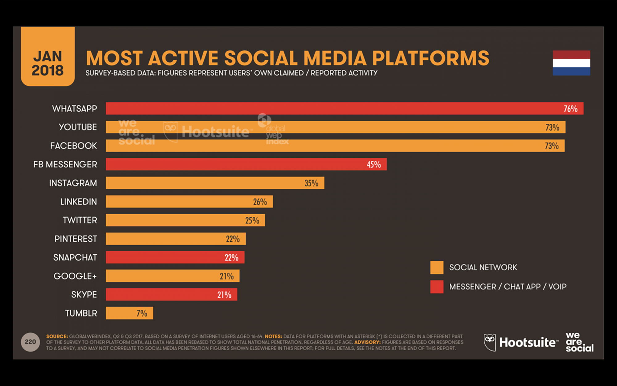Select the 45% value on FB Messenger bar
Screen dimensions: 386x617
click(x=374, y=165)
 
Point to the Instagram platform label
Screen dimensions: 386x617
click(x=73, y=183)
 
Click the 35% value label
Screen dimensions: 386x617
click(x=311, y=183)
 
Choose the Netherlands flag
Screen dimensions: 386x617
click(x=571, y=63)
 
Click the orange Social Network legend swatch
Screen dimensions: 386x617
click(x=437, y=267)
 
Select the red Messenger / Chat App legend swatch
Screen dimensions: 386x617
click(x=437, y=287)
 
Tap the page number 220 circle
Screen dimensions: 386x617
click(x=30, y=342)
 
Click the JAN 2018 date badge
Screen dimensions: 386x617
click(x=48, y=57)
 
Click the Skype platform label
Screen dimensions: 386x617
click(x=84, y=295)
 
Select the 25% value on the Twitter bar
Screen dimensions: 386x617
click(x=252, y=220)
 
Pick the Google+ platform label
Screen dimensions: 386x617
click(x=75, y=276)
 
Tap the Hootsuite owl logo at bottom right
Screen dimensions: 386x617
click(x=490, y=342)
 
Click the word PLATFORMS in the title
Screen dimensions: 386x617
click(x=431, y=58)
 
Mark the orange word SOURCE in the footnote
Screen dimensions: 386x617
click(x=57, y=336)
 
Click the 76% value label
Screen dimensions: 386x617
click(x=570, y=109)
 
